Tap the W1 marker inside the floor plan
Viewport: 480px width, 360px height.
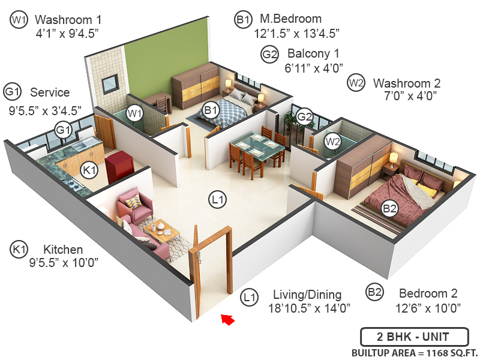[x=134, y=112]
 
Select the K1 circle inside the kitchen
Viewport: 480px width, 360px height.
[x=89, y=170]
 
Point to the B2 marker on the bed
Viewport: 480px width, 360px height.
[x=390, y=209]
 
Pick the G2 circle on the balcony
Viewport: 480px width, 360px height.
[x=305, y=116]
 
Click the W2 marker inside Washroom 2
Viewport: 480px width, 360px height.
[x=332, y=142]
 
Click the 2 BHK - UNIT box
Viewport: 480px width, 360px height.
[x=404, y=336]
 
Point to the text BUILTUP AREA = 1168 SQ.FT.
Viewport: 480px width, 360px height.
[x=414, y=352]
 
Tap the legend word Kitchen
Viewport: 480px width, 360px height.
[x=62, y=249]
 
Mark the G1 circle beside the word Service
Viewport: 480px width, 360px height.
[x=13, y=92]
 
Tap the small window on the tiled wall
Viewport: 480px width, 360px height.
[x=110, y=82]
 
